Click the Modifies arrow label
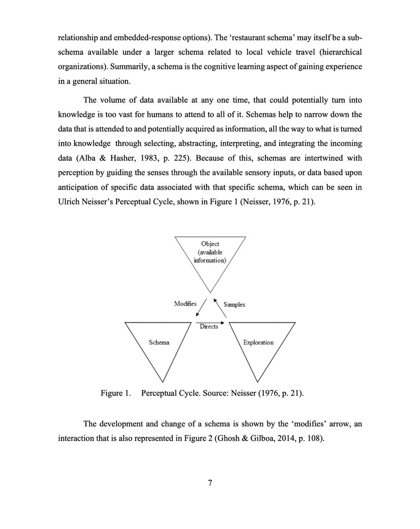pyautogui.click(x=185, y=304)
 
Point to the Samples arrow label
pyautogui.click(x=235, y=305)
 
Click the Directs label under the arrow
pyautogui.click(x=209, y=327)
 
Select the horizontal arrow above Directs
pyautogui.click(x=210, y=322)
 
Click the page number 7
pyautogui.click(x=210, y=482)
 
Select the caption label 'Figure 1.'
pyautogui.click(x=115, y=394)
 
